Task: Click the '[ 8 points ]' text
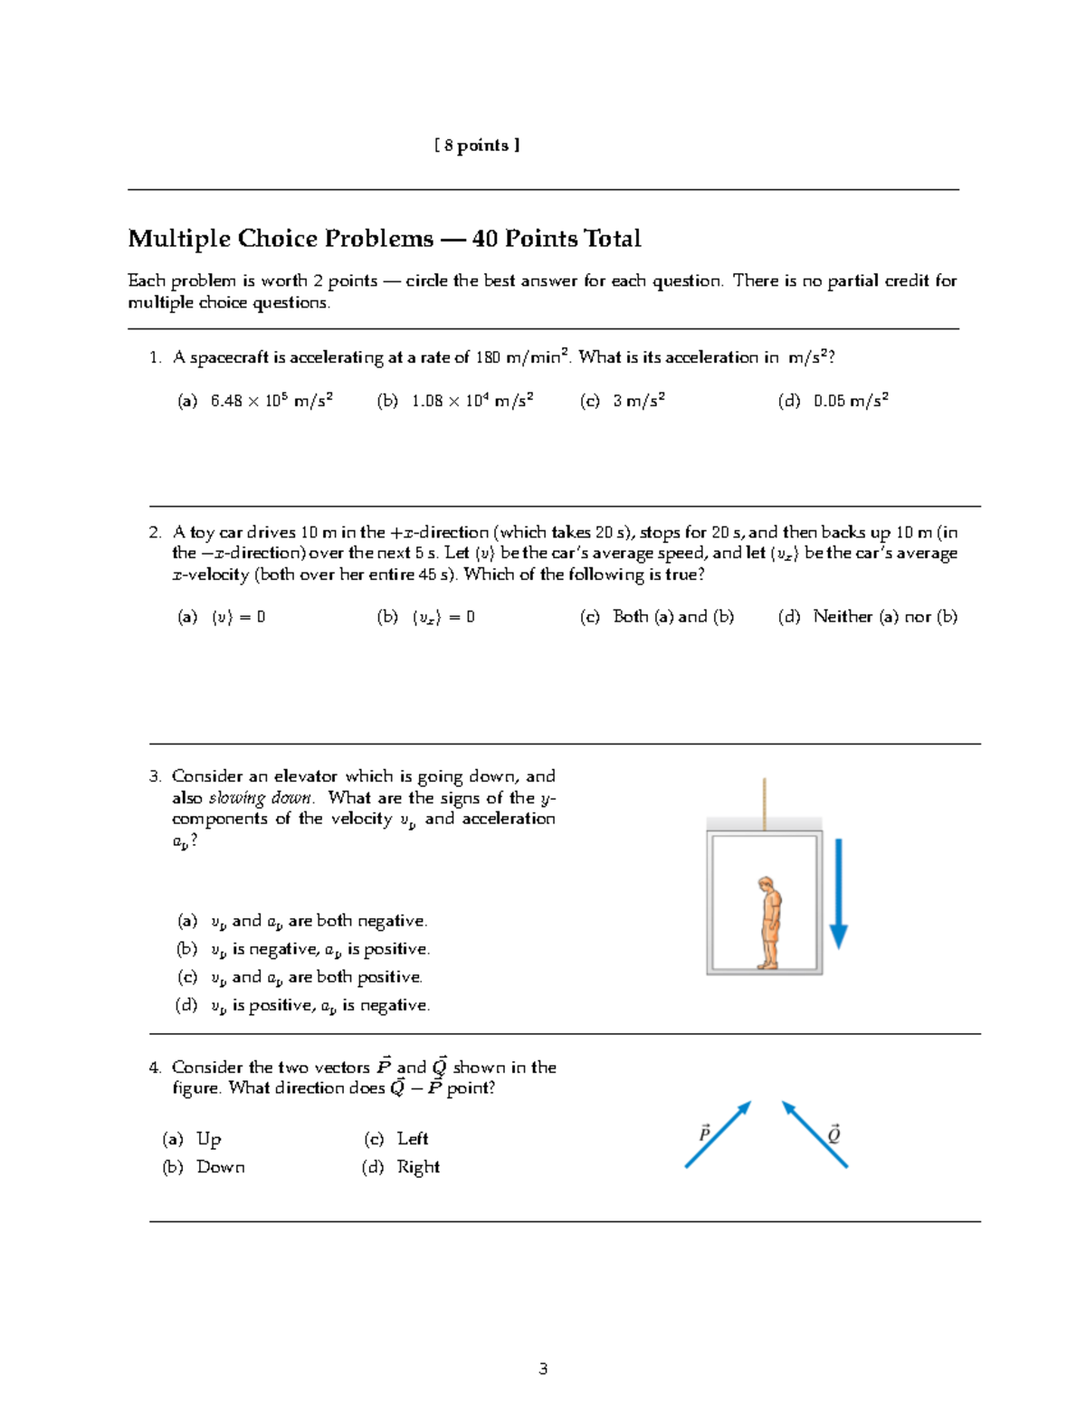pyautogui.click(x=477, y=146)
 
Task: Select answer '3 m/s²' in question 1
pyautogui.click(x=638, y=401)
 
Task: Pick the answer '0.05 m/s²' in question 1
pyautogui.click(x=850, y=401)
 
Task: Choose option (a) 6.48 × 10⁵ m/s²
pyautogui.click(x=271, y=401)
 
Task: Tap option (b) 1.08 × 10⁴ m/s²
pyautogui.click(x=471, y=401)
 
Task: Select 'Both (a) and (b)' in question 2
pyautogui.click(x=672, y=617)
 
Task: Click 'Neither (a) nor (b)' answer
pyautogui.click(x=884, y=617)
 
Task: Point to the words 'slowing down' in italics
pyautogui.click(x=261, y=798)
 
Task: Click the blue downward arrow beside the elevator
pyautogui.click(x=838, y=892)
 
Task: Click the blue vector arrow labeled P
pyautogui.click(x=719, y=1134)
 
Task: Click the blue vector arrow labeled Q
pyautogui.click(x=814, y=1134)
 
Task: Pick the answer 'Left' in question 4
pyautogui.click(x=412, y=1139)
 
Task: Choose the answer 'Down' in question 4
pyautogui.click(x=220, y=1167)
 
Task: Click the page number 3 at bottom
pyautogui.click(x=543, y=1369)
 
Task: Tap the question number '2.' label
pyautogui.click(x=155, y=533)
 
